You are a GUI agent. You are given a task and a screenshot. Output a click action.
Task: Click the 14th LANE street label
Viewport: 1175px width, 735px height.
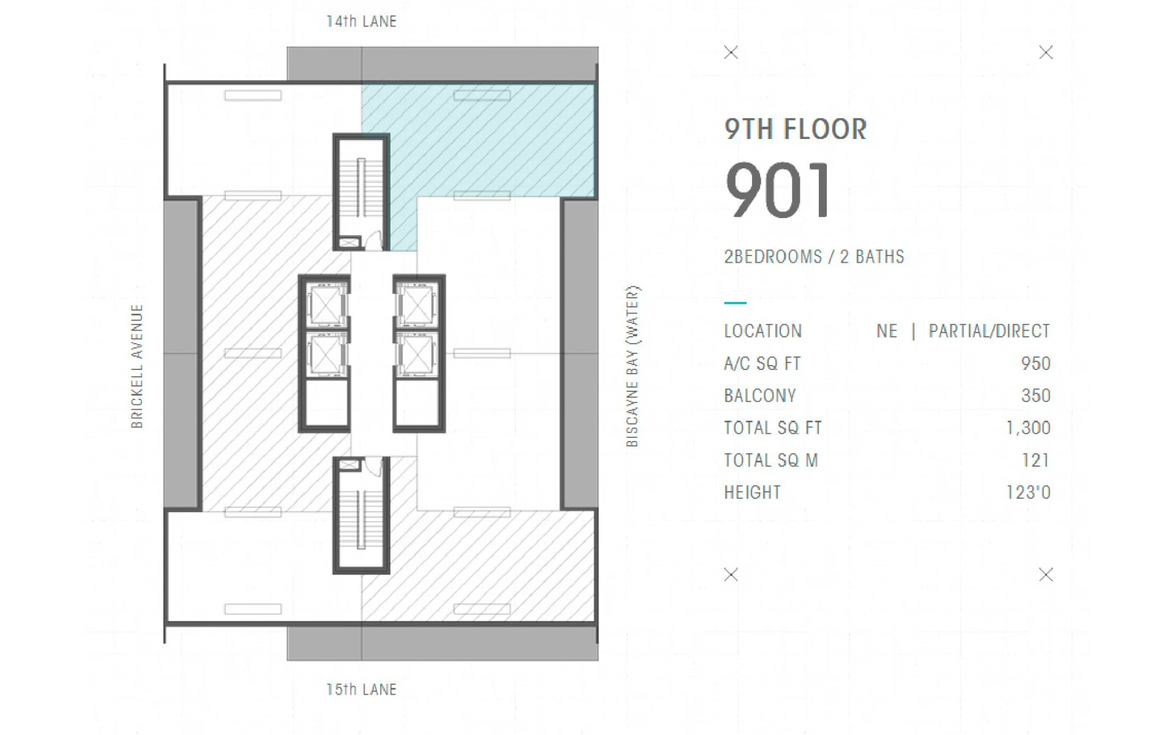(x=361, y=21)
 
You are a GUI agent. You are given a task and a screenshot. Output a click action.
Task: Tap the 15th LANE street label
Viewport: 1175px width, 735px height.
(x=361, y=689)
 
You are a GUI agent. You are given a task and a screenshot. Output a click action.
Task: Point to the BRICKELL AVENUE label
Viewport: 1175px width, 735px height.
(x=137, y=366)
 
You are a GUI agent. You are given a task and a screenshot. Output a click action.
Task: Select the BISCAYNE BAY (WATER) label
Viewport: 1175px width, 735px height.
(x=632, y=366)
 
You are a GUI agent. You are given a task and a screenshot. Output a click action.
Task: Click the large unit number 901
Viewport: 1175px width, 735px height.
(x=778, y=190)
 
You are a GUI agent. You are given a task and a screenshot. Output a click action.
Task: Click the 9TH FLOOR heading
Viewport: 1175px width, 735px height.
(x=796, y=129)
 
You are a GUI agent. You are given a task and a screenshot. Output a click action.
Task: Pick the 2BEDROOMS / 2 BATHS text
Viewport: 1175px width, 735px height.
(x=814, y=257)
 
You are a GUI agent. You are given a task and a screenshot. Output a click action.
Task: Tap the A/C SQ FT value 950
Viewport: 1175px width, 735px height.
(x=1035, y=363)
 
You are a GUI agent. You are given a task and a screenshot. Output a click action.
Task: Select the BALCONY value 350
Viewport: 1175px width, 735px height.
(x=1035, y=396)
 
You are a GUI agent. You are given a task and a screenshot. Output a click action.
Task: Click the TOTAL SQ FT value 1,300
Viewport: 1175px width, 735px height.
(x=1028, y=428)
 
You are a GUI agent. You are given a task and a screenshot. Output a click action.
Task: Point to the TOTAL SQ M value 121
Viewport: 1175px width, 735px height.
(x=1035, y=460)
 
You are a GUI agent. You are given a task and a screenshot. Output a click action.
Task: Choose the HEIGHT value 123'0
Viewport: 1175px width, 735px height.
(x=1028, y=492)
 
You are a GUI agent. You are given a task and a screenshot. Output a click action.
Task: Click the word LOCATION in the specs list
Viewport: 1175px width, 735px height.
(x=763, y=331)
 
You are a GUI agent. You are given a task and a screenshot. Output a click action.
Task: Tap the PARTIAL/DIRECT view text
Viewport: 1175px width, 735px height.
(x=989, y=331)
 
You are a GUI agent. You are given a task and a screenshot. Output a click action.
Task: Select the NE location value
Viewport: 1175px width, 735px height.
(x=887, y=331)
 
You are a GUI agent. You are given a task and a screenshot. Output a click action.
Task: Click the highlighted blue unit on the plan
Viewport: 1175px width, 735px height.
(x=490, y=141)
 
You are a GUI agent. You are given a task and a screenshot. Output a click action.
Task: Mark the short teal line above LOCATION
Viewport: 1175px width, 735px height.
(x=735, y=303)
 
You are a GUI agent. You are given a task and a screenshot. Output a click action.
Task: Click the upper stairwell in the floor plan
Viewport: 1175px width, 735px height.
(x=361, y=192)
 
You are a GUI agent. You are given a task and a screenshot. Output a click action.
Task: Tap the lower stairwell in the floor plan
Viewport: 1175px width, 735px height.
(x=361, y=515)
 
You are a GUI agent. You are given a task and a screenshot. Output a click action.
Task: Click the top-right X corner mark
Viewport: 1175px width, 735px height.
(x=1046, y=53)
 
